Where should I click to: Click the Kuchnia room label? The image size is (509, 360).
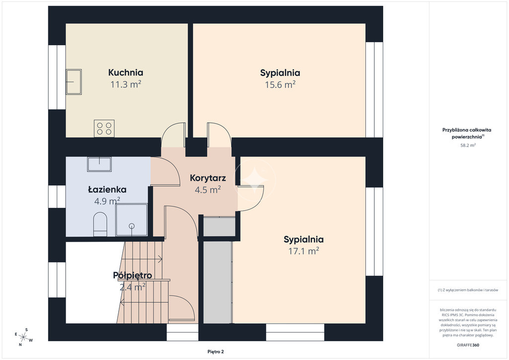tap(126, 73)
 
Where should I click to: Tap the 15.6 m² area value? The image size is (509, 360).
tap(280, 85)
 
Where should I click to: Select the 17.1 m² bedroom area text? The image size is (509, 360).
tap(304, 251)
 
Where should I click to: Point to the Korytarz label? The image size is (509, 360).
tap(208, 178)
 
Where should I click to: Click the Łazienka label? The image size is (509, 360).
tap(107, 189)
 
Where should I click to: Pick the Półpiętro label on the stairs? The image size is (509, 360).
tap(132, 275)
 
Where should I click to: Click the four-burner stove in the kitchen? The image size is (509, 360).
tap(104, 128)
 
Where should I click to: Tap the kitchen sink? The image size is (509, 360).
tap(74, 82)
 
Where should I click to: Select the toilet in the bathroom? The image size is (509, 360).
tap(100, 224)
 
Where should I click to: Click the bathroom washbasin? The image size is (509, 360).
tap(99, 164)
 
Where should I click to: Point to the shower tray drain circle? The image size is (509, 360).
tap(132, 226)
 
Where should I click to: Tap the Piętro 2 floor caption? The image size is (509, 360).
tap(216, 352)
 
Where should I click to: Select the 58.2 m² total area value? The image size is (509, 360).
tap(468, 145)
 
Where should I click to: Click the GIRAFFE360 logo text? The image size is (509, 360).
tap(468, 345)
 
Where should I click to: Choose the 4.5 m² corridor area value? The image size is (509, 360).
tap(208, 190)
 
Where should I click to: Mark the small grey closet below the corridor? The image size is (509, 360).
tap(219, 227)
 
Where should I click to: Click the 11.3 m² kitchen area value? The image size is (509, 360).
tap(126, 85)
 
